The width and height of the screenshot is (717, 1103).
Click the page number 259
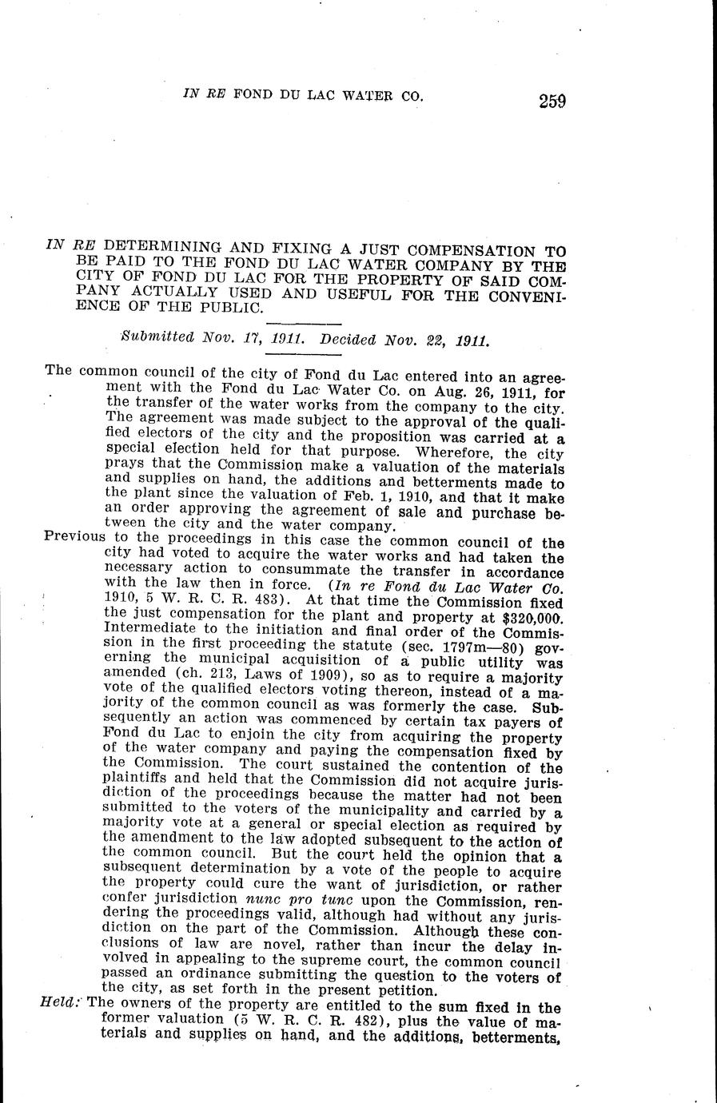(552, 102)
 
